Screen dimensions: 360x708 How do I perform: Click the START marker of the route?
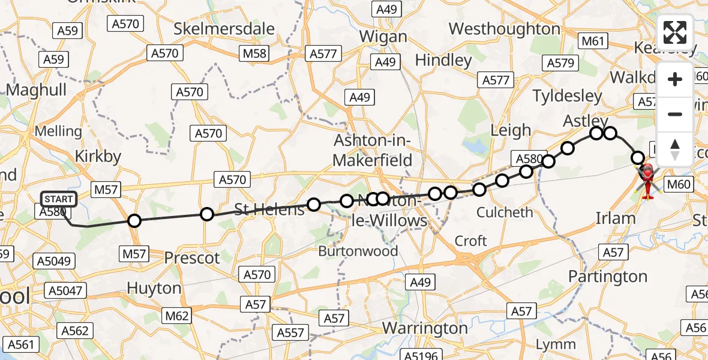59,199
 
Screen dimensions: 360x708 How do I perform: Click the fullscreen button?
675,32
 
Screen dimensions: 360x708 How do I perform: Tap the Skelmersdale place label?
224,29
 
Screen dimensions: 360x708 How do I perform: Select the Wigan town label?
383,36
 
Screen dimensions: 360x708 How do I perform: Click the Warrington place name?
425,328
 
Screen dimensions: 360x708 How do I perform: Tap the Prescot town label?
192,258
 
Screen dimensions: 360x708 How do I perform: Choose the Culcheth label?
504,212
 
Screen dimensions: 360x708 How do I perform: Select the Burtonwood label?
358,251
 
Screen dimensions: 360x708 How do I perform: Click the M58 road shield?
254,53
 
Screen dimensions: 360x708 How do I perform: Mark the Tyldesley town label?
567,96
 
